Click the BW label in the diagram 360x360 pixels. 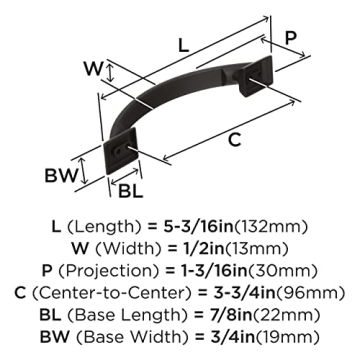tap(85, 177)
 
